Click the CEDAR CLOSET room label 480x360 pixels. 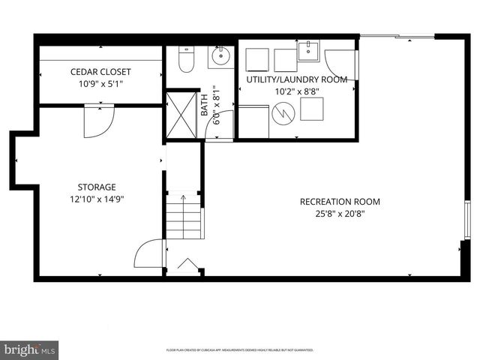tap(100, 72)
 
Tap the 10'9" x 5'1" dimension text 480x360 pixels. tap(100, 84)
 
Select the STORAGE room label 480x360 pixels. tap(97, 187)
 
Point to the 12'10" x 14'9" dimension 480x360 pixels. tap(97, 199)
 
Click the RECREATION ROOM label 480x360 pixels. tap(340, 202)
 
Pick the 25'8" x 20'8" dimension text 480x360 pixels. tap(340, 214)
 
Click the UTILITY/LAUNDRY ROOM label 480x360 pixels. tap(297, 79)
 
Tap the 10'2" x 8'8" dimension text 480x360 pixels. tap(297, 91)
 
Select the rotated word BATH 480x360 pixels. tap(204, 105)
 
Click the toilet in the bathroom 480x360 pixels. tap(186, 57)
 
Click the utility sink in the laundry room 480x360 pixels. tap(308, 52)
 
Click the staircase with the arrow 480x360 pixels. tap(184, 217)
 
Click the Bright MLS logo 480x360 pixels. tap(29, 349)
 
